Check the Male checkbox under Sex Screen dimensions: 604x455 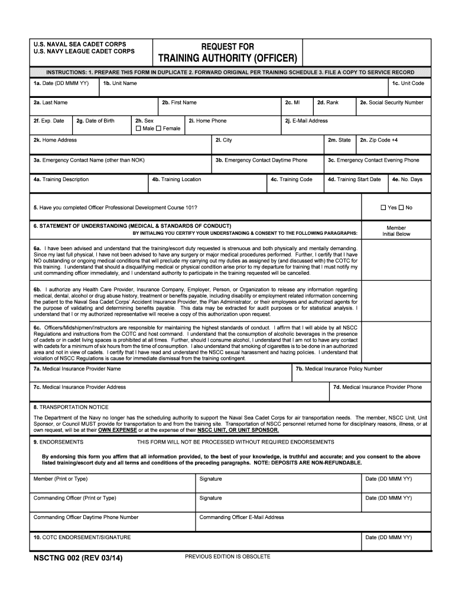(138, 129)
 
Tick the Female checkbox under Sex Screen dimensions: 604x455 (159, 129)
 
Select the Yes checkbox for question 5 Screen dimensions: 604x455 (383, 208)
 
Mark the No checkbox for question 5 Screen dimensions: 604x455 (401, 208)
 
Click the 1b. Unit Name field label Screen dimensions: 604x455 (120, 83)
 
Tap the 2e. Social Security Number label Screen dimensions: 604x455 (392, 103)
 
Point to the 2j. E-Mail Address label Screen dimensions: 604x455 (306, 121)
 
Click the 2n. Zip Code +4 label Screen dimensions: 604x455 (379, 140)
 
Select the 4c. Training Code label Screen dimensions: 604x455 (291, 179)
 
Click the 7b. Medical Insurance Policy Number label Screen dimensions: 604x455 (339, 369)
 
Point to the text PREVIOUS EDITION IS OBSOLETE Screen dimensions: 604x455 (227, 556)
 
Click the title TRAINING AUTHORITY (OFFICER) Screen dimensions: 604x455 (227, 58)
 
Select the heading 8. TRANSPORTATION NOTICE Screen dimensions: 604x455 (71, 407)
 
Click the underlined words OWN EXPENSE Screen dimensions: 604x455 (117, 430)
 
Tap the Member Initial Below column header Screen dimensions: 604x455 (396, 231)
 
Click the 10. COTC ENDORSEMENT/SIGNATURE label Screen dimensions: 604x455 (82, 537)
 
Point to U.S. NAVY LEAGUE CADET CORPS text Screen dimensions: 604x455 (84, 51)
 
